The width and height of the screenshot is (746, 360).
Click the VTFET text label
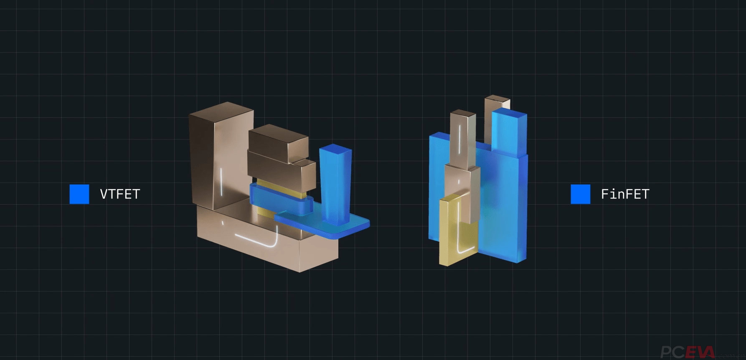pyautogui.click(x=120, y=194)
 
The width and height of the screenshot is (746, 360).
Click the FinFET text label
pyautogui.click(x=625, y=194)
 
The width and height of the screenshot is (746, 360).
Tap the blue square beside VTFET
pyautogui.click(x=79, y=194)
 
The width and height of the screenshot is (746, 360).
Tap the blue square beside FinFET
pyautogui.click(x=581, y=194)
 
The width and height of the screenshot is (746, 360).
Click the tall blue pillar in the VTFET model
pyautogui.click(x=335, y=184)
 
